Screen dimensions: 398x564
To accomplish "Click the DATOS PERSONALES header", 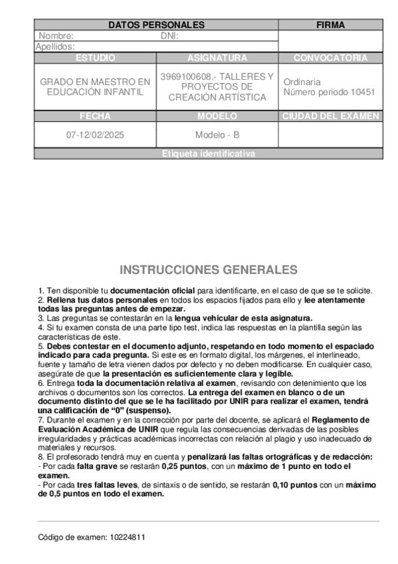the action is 156,25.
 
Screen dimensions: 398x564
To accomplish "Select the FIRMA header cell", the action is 330,25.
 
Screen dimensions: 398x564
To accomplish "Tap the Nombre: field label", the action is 56,36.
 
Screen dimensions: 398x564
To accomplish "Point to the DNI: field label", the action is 170,36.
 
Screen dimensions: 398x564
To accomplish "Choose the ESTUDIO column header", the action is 95,58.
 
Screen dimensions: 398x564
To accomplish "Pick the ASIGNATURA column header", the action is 217,58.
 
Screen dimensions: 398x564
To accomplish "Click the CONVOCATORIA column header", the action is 330,58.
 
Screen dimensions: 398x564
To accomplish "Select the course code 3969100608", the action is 183,76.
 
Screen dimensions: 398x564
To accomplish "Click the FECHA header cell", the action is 95,116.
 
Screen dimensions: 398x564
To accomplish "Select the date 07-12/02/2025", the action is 95,134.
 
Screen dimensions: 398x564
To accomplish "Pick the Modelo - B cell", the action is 217,134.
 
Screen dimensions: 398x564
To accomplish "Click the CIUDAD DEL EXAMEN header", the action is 330,116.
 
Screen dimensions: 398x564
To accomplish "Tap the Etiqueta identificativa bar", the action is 208,154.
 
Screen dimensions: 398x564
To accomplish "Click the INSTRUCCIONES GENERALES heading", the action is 209,269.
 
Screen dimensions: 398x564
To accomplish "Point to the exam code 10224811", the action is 127,536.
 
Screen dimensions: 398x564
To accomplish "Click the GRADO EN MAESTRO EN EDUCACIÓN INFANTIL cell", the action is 95,86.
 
